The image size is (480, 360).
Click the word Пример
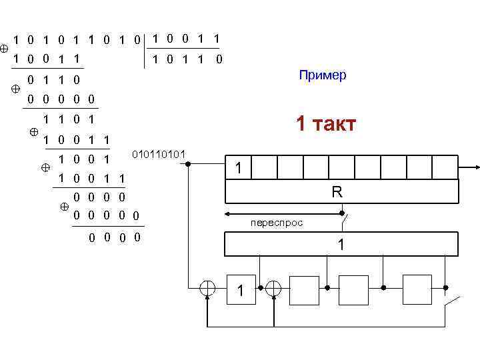pyautogui.click(x=323, y=75)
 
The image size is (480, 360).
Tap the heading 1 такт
pyautogui.click(x=326, y=124)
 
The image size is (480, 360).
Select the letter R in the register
pyautogui.click(x=337, y=193)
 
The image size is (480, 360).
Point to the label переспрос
pyautogui.click(x=277, y=223)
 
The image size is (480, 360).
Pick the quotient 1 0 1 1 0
pyautogui.click(x=185, y=59)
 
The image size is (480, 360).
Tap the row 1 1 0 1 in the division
pyautogui.click(x=67, y=121)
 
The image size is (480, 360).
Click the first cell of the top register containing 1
pyautogui.click(x=238, y=167)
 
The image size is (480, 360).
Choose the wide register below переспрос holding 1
pyautogui.click(x=341, y=245)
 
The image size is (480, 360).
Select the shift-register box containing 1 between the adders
pyautogui.click(x=241, y=289)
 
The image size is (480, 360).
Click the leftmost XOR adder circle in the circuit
pyautogui.click(x=209, y=288)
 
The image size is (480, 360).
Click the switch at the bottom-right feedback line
pyautogui.click(x=453, y=303)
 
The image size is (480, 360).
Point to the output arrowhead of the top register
pyautogui.click(x=474, y=167)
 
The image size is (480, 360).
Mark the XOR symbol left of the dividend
pyautogui.click(x=5, y=49)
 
